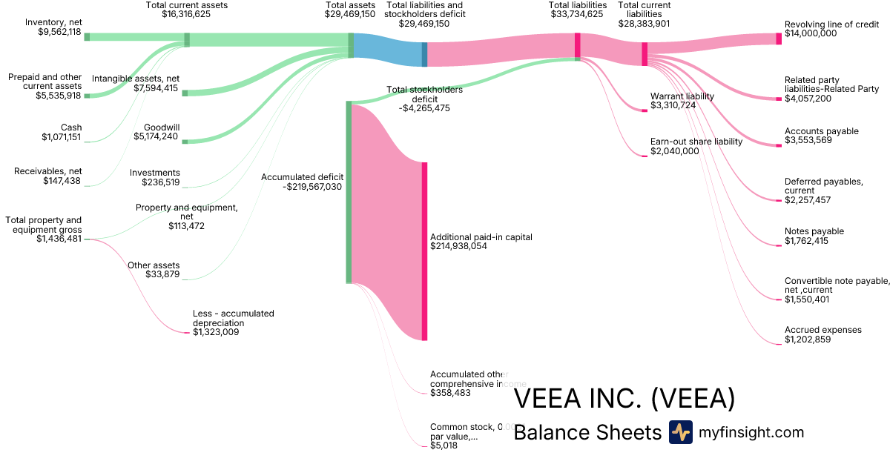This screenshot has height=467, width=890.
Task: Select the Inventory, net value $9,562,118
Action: click(x=59, y=32)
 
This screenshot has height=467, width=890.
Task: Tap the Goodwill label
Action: click(x=162, y=127)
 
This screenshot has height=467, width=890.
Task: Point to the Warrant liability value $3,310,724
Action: click(x=673, y=106)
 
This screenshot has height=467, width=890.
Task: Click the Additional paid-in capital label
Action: click(x=481, y=236)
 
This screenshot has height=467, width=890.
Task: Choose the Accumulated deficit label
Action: click(x=302, y=177)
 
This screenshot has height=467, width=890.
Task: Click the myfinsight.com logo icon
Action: click(x=680, y=432)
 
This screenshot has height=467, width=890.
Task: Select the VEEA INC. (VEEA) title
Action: click(x=624, y=399)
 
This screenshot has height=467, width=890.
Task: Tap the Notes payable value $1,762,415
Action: click(x=806, y=241)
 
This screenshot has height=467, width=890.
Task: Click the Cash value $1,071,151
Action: click(x=61, y=137)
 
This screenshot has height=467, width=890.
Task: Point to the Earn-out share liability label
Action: click(x=696, y=142)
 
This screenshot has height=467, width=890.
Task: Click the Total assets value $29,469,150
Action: click(x=349, y=14)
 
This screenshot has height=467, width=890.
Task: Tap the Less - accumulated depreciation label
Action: click(x=233, y=318)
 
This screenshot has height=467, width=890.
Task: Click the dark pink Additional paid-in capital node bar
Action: click(x=425, y=251)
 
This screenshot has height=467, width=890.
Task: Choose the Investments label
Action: click(x=155, y=173)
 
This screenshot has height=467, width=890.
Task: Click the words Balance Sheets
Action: click(x=587, y=433)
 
